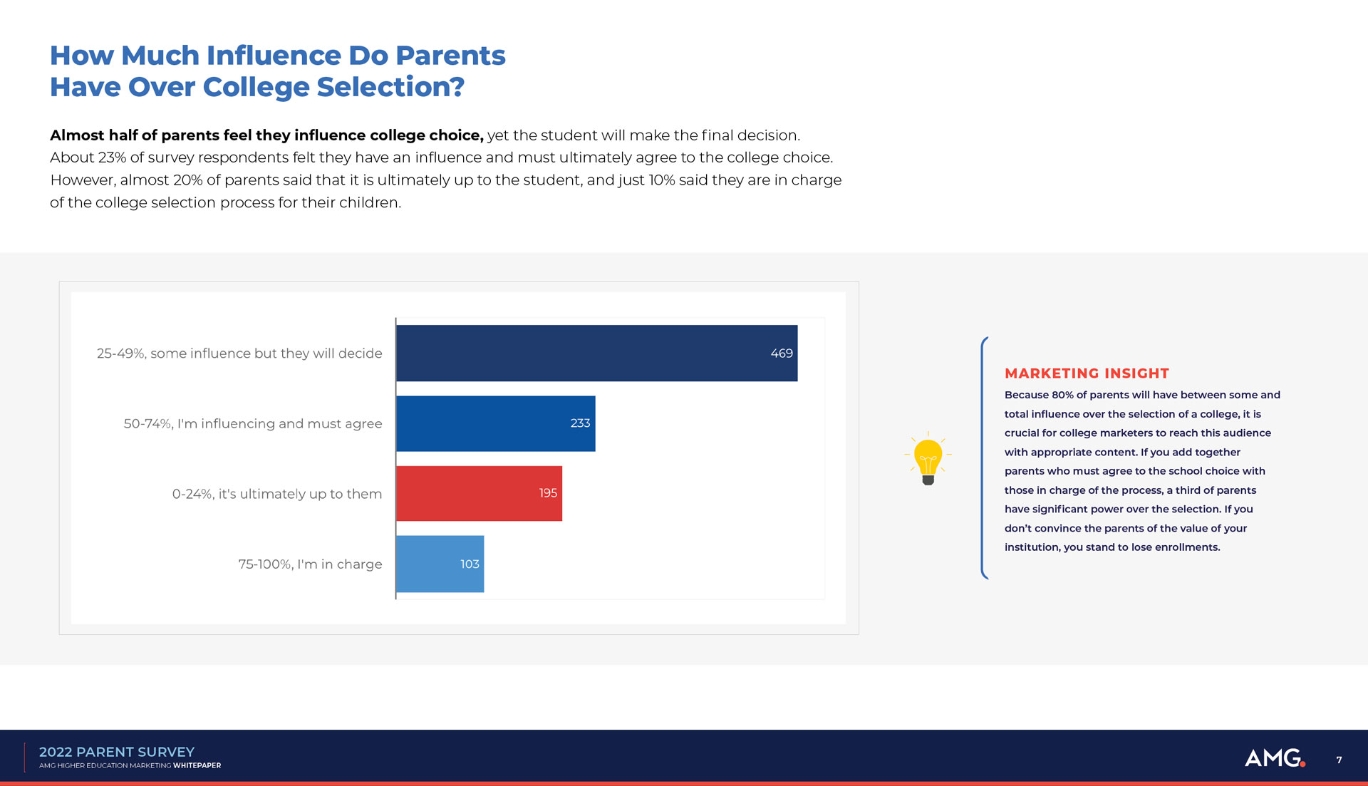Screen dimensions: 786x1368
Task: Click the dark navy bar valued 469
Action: tap(596, 353)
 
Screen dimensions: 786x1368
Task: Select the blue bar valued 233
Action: tap(495, 423)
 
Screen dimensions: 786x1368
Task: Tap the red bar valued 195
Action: tap(479, 493)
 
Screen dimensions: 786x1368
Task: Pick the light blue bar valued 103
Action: tap(440, 564)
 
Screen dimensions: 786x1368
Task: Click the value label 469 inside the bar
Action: tap(781, 353)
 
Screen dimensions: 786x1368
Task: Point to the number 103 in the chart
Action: tap(470, 564)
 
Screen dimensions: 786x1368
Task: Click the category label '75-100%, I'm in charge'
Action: tap(310, 564)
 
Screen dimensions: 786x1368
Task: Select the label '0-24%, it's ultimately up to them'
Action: tap(276, 494)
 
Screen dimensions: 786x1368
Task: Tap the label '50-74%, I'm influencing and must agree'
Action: tap(252, 423)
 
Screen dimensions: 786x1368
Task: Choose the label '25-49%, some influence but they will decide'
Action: tap(239, 353)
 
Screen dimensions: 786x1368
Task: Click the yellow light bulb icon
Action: tap(928, 460)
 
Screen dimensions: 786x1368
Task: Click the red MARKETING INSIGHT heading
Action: tap(1087, 373)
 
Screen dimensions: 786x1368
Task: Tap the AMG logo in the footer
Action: tap(1274, 757)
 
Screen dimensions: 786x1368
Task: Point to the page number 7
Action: tap(1339, 760)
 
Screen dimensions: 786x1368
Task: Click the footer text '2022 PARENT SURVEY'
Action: tap(116, 752)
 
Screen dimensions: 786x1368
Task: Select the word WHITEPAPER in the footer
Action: tap(197, 766)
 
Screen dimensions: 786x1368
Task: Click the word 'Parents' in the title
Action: tap(450, 56)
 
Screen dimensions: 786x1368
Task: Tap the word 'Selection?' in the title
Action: tap(390, 87)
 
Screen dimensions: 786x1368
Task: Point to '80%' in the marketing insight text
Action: tap(1062, 395)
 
